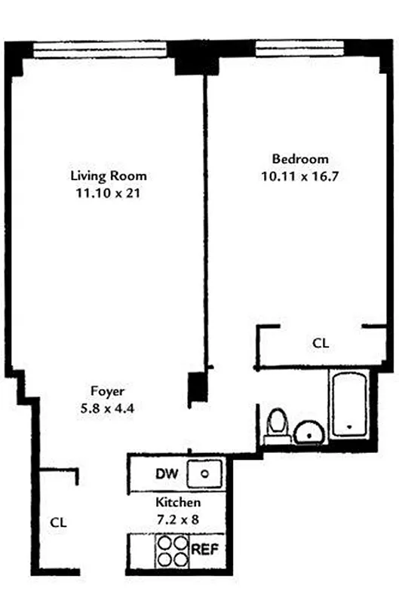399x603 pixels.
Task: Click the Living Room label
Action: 108,176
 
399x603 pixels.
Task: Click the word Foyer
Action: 107,391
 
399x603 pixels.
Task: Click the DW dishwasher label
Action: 166,474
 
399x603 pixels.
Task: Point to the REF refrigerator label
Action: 205,550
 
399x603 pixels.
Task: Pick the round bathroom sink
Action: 308,433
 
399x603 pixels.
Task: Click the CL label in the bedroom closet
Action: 321,343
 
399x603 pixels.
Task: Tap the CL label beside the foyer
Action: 59,522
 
